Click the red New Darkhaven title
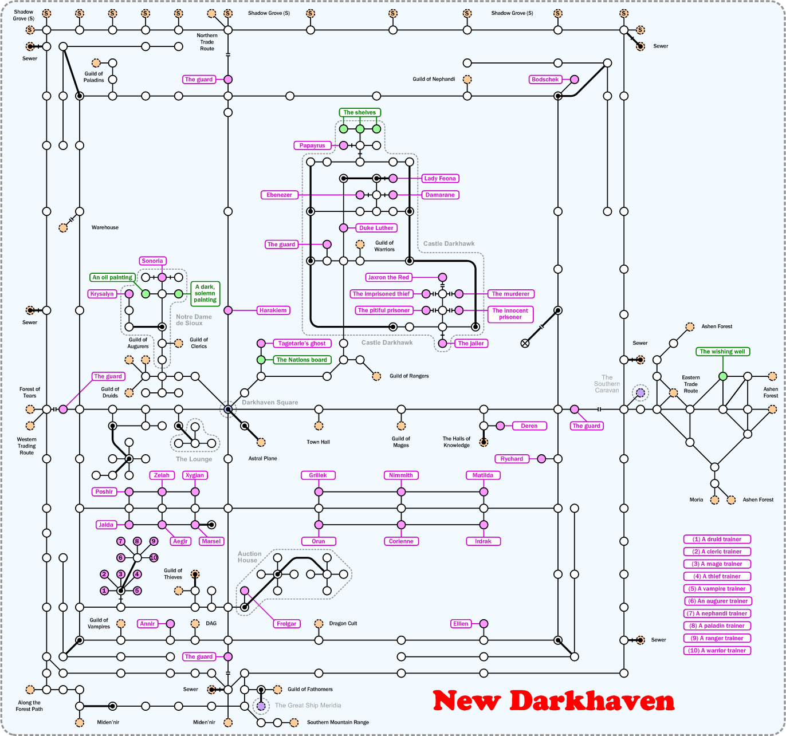(x=553, y=700)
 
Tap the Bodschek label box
(x=545, y=80)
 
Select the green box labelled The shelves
(x=360, y=112)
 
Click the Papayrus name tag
(x=312, y=145)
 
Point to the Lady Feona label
(x=440, y=179)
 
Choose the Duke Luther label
(x=376, y=228)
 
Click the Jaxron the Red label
(x=388, y=277)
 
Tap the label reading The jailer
(x=471, y=344)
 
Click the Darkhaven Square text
(x=270, y=403)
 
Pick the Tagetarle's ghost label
(x=302, y=344)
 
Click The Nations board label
(x=302, y=360)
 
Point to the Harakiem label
(x=273, y=310)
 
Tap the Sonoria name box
(x=152, y=261)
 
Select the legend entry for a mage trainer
(x=717, y=564)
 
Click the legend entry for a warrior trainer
(x=717, y=651)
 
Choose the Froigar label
(x=286, y=624)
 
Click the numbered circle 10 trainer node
(x=154, y=558)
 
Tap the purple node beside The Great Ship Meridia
(x=261, y=706)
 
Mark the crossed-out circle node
(x=525, y=344)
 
